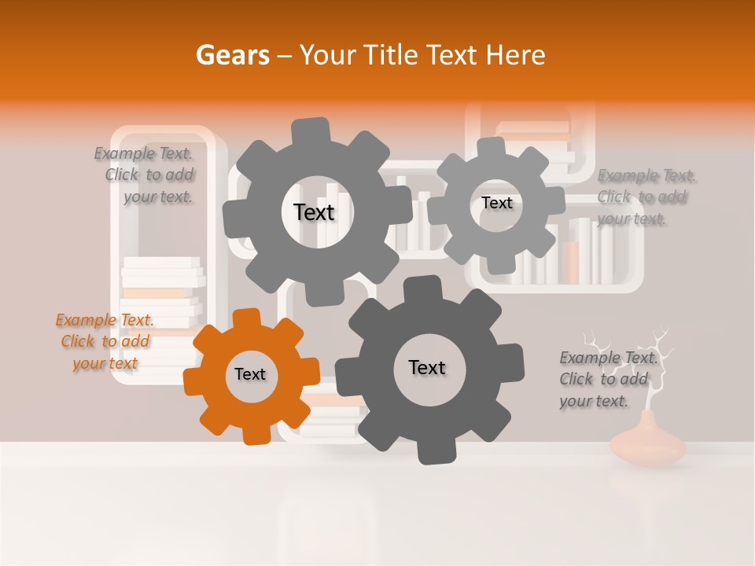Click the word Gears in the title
click(231, 54)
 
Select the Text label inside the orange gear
click(250, 374)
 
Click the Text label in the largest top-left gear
click(314, 212)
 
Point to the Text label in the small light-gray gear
click(496, 203)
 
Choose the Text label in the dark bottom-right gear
click(427, 367)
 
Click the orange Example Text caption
click(105, 341)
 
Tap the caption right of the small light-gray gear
click(645, 197)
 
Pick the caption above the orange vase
click(607, 379)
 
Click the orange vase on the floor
click(648, 444)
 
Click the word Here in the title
click(515, 54)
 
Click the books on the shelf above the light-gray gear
click(535, 134)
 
